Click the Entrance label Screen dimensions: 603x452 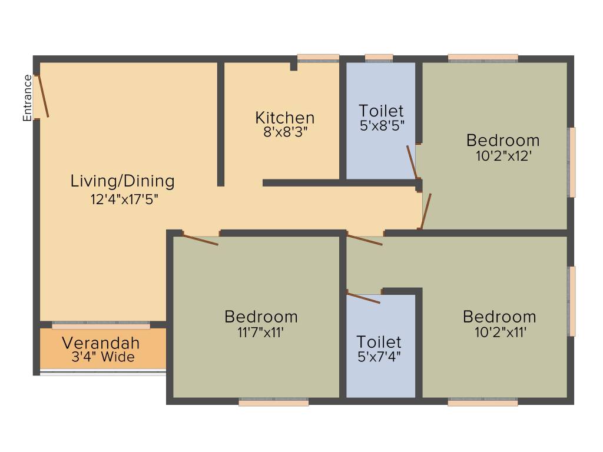click(x=27, y=98)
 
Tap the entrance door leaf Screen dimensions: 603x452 click(x=42, y=96)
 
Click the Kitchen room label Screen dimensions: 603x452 click(x=285, y=118)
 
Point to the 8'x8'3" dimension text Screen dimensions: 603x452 click(x=286, y=132)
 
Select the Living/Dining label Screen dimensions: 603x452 click(x=122, y=181)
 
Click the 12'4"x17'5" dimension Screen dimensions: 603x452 click(x=124, y=200)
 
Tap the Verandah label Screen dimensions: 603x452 click(x=101, y=343)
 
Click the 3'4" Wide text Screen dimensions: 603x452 click(x=103, y=357)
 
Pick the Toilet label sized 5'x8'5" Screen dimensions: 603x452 click(x=381, y=111)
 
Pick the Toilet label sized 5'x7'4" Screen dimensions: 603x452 click(x=379, y=342)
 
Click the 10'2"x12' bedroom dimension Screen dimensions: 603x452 click(x=503, y=156)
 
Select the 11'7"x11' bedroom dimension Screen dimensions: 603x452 click(x=260, y=332)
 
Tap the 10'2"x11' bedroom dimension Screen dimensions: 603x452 click(x=501, y=332)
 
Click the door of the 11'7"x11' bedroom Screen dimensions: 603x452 click(x=200, y=239)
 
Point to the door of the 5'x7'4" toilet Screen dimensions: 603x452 click(x=363, y=298)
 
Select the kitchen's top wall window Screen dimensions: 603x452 click(x=318, y=58)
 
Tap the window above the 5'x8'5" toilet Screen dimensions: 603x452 click(x=379, y=58)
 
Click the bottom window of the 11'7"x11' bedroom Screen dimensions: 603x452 click(x=273, y=402)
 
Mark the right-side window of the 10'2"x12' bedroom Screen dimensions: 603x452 click(x=572, y=162)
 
